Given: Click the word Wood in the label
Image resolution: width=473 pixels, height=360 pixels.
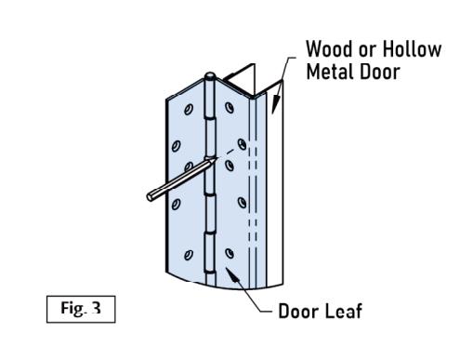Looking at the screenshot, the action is coord(330,49).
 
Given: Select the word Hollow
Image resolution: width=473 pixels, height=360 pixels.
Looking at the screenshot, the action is coord(412,49).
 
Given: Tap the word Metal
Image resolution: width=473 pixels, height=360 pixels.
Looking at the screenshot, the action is coord(329,72).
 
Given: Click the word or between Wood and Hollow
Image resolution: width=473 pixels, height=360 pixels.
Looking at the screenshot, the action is coord(369,51).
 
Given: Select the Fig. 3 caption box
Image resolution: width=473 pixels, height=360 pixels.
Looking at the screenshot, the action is coord(81,309).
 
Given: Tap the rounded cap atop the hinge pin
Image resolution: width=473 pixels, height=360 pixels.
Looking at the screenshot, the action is coord(210,76).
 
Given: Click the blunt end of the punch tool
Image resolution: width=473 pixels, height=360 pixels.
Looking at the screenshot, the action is coord(151,197).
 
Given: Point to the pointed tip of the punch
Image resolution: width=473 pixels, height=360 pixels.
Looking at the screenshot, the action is coord(215,159).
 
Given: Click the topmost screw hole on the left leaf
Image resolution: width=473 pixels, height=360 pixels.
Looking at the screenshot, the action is coord(189,109).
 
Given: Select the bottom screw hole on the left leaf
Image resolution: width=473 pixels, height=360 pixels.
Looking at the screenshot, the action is coord(188,255).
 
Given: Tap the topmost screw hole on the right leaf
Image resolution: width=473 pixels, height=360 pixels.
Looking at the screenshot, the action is coord(230,108).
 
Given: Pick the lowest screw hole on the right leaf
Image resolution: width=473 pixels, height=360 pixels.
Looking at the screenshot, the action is coord(230,253).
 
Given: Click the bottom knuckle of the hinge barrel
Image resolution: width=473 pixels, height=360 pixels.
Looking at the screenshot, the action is coord(210,253).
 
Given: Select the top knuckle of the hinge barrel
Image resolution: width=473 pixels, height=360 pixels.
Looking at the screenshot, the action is coord(210,100).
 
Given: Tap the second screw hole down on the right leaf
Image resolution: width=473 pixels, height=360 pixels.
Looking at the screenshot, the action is coord(242,144).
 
